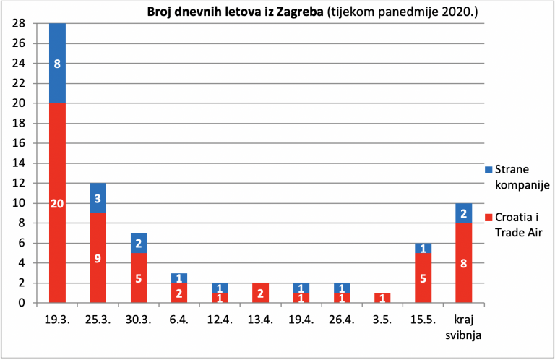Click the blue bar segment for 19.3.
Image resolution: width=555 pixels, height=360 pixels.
(x=57, y=64)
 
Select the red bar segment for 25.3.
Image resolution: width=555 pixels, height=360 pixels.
(x=98, y=257)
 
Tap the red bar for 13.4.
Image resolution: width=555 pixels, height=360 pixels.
(x=260, y=293)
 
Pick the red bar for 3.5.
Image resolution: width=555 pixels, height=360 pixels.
(x=382, y=298)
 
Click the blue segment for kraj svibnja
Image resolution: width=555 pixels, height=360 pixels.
(x=464, y=213)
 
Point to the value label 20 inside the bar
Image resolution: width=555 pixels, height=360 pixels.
(x=57, y=204)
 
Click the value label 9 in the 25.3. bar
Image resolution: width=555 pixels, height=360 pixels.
(x=98, y=259)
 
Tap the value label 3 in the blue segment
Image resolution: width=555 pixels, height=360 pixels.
(x=98, y=199)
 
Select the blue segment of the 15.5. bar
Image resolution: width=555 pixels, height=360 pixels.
(x=423, y=248)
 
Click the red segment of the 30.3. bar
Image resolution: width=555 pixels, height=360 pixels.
(x=139, y=278)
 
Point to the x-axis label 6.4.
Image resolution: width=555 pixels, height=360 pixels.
(x=179, y=320)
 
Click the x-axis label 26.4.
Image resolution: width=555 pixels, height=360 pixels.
(x=342, y=320)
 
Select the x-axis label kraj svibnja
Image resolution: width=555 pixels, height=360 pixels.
(x=464, y=327)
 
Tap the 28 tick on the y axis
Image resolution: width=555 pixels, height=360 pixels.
(x=19, y=23)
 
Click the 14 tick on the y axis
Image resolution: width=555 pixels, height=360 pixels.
(x=19, y=163)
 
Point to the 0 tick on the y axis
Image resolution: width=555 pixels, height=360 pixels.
(x=22, y=303)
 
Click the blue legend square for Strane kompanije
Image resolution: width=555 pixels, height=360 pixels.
(x=489, y=170)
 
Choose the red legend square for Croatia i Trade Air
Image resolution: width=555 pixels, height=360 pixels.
(x=489, y=218)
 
